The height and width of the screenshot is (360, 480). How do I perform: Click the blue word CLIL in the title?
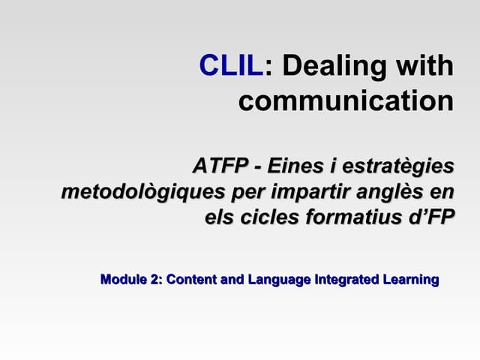tap(232, 66)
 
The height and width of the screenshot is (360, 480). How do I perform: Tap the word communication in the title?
tap(346, 100)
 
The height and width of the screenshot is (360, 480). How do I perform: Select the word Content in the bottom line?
tap(192, 280)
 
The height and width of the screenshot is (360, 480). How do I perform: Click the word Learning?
tap(410, 280)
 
